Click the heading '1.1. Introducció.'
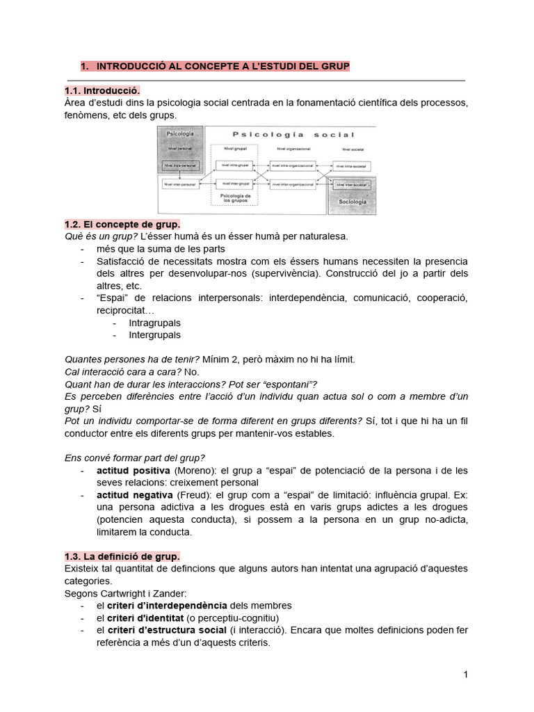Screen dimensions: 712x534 coord(102,90)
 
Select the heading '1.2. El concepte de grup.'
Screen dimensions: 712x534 coord(122,225)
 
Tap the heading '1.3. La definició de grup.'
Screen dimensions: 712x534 coord(122,556)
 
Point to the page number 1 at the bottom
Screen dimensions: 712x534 coord(466,674)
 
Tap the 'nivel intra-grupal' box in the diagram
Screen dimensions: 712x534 coord(234,165)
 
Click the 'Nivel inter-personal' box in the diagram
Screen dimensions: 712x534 coord(180,184)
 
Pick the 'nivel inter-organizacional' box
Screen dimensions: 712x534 coord(295,184)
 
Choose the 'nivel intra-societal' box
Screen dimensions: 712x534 coord(351,165)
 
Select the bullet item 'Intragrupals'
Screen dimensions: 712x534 coord(154,323)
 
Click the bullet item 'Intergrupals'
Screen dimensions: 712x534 coord(154,334)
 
